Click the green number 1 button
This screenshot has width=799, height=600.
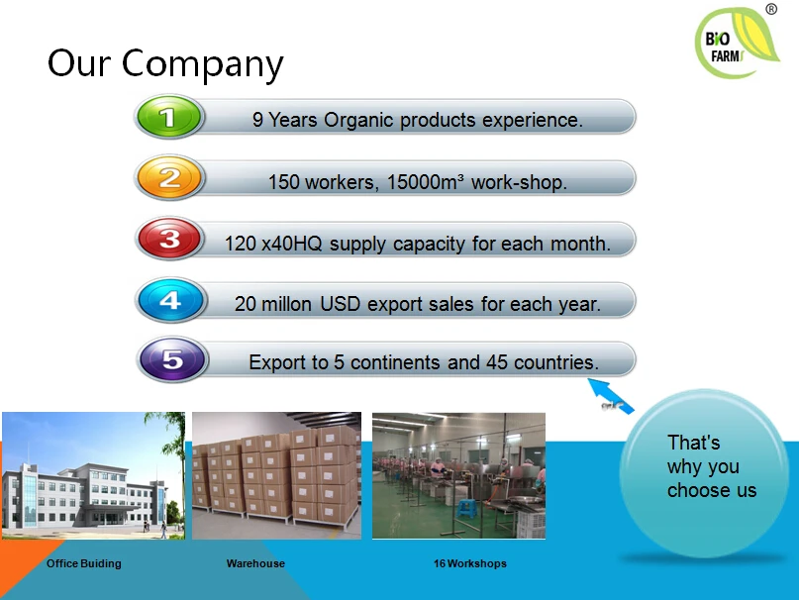(169, 117)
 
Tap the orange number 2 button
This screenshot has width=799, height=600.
(169, 177)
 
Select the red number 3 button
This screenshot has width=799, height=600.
(169, 238)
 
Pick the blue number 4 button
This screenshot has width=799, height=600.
(170, 300)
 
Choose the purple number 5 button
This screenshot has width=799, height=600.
(172, 359)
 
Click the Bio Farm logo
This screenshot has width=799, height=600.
(736, 44)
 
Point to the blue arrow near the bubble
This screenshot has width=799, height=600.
(611, 396)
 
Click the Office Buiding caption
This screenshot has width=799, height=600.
(84, 563)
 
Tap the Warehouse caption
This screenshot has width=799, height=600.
(255, 563)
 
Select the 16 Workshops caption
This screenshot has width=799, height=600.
(470, 563)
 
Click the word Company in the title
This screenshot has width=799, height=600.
(202, 64)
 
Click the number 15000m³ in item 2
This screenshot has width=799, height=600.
(426, 182)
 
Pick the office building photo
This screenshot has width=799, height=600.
(93, 475)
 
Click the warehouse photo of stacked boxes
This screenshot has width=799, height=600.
(276, 475)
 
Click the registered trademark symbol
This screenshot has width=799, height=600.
(771, 9)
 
